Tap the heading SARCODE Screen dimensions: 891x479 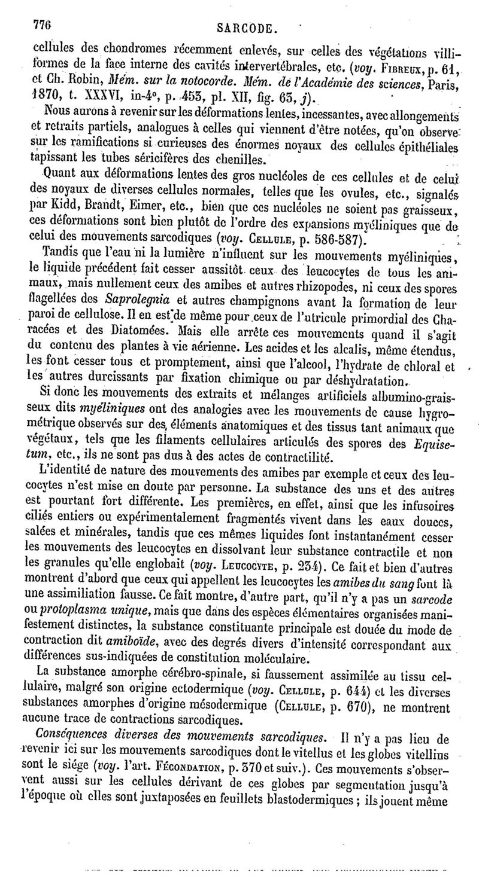pyautogui.click(x=245, y=28)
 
